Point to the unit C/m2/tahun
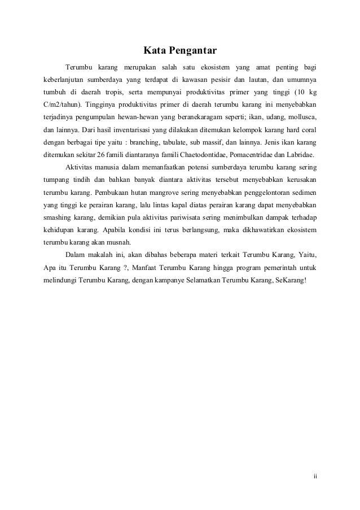click(x=63, y=105)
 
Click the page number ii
click(x=315, y=475)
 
